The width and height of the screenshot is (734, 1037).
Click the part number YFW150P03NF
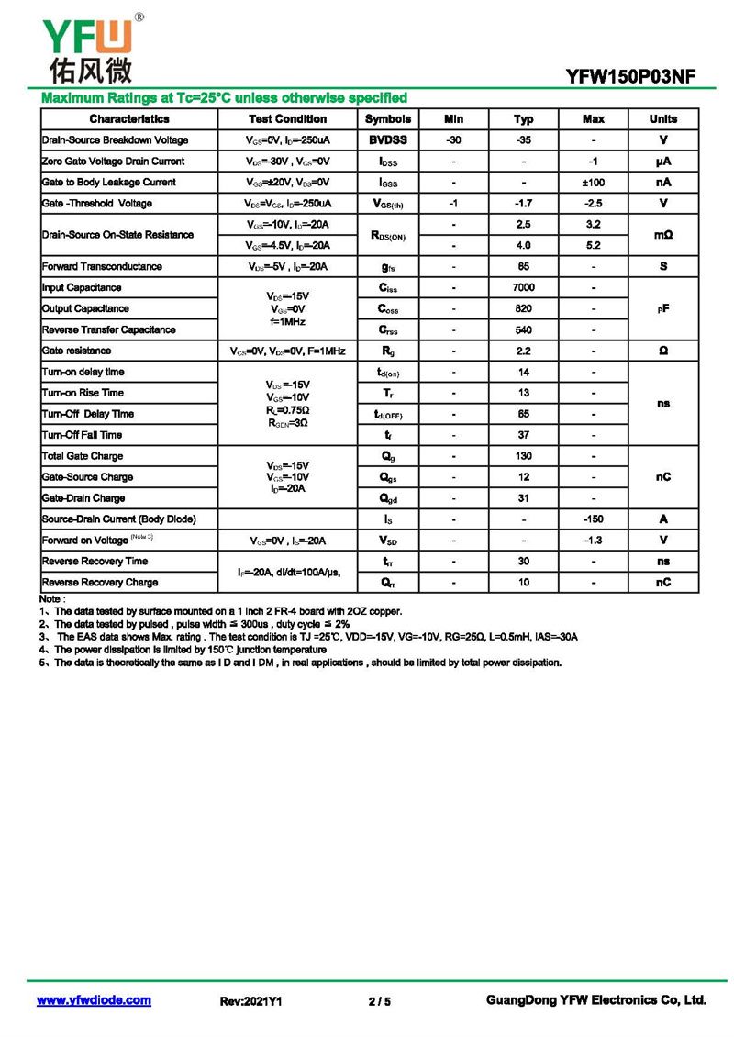point(636,78)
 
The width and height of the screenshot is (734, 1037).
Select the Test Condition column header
point(287,119)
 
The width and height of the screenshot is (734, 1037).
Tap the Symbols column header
point(388,119)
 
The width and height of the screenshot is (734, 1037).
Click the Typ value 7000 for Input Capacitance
point(524,288)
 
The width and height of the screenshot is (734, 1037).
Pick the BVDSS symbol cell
point(388,140)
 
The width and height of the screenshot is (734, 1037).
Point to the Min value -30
point(453,140)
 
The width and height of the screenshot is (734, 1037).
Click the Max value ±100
point(594,183)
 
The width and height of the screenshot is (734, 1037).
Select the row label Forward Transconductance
point(102,267)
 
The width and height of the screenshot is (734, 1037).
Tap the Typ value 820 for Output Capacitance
point(524,309)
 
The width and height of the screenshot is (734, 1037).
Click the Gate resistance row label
point(77,351)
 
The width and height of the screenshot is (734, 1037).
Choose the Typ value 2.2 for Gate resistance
point(524,351)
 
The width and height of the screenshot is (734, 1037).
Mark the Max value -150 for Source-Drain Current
point(594,519)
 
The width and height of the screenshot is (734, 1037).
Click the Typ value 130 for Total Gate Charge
point(524,456)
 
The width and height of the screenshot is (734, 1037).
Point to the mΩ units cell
point(663,235)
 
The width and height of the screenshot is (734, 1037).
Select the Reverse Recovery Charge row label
point(100,583)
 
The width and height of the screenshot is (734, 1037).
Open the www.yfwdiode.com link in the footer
point(94,1000)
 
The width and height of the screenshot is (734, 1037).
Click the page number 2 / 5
point(379,1001)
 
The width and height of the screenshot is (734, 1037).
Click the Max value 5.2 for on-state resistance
point(594,246)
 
